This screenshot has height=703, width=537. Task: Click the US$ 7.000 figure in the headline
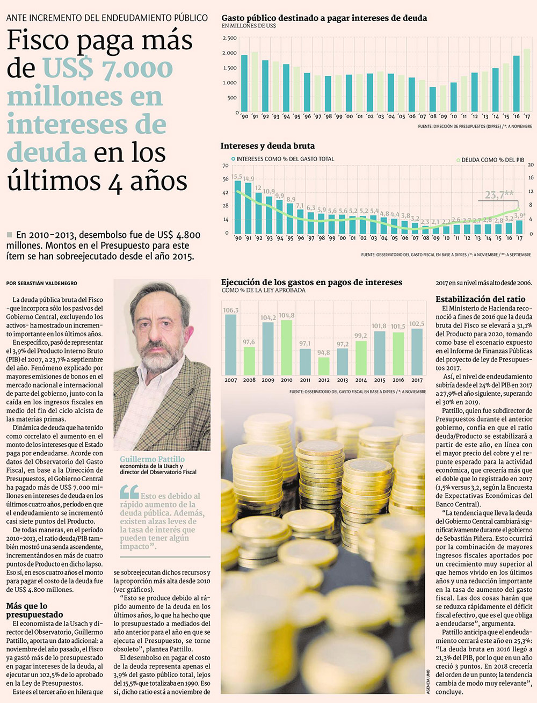(107, 69)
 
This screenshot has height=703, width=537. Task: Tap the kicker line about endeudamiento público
(107, 18)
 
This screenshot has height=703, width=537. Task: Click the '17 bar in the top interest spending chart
(527, 81)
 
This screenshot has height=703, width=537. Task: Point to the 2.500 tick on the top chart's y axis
(229, 38)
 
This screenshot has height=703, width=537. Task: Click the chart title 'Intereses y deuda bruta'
(267, 146)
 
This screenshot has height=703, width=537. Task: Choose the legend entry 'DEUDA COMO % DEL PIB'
(490, 160)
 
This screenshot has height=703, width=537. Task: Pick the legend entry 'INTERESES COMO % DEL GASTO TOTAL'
(282, 159)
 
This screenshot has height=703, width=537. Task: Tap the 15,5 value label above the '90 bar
(237, 176)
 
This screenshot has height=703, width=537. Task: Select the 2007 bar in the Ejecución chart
(231, 344)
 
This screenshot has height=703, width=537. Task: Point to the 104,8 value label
(286, 316)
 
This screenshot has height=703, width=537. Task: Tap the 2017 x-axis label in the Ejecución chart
(417, 380)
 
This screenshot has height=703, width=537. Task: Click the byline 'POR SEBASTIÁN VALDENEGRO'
(42, 283)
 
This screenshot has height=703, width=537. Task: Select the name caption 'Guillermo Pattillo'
(152, 459)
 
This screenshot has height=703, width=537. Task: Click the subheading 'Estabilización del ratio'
(480, 300)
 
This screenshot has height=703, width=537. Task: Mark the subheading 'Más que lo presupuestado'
(35, 610)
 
